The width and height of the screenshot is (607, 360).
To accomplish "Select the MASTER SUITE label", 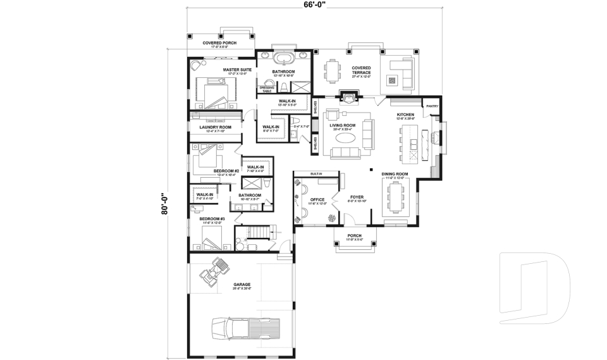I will pos(237,70).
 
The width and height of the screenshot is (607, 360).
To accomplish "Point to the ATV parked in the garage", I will pos(214,271).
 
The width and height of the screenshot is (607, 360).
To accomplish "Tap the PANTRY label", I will pos(432,106).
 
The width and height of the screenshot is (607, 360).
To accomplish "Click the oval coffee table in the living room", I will pos(346,137).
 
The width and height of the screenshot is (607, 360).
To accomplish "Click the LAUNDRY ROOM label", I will pos(216,127).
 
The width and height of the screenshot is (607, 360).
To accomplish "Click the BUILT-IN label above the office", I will pos(316,173).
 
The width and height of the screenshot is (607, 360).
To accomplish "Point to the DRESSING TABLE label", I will pos(266,89).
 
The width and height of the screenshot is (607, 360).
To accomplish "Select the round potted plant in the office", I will pos(331,217).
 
